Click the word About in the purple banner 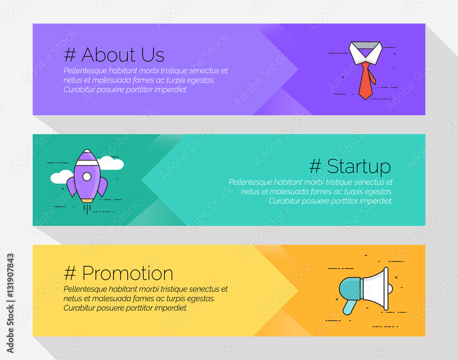click(x=109, y=55)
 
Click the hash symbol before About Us click(x=70, y=55)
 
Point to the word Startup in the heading click(x=359, y=166)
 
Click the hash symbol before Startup click(x=315, y=166)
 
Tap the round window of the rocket click(x=87, y=176)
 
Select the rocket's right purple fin click(x=103, y=186)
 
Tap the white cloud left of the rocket click(x=61, y=177)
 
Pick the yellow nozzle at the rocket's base click(x=87, y=200)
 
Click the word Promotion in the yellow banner click(x=128, y=274)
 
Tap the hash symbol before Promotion click(x=70, y=274)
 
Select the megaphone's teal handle click(x=349, y=307)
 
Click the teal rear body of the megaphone click(x=350, y=289)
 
